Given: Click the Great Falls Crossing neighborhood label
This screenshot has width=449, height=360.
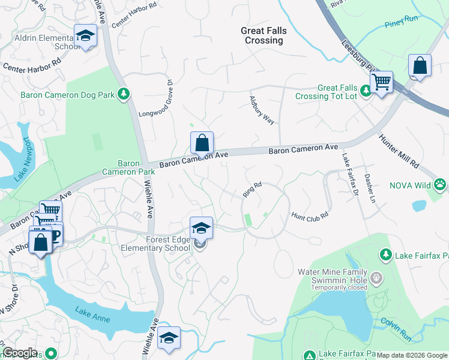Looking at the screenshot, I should tap(264, 35).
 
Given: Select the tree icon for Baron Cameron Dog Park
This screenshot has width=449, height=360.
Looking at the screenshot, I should tap(123, 94).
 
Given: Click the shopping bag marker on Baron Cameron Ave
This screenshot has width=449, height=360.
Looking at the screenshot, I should tap(202, 143).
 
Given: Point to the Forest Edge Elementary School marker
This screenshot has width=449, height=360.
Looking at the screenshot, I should tap(201, 228).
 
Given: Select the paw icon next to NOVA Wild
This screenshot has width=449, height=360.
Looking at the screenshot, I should tap(441, 185).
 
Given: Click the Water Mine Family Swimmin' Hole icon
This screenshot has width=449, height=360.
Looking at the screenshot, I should tap(376, 278).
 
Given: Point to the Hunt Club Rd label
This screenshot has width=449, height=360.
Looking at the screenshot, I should tap(310, 214).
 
